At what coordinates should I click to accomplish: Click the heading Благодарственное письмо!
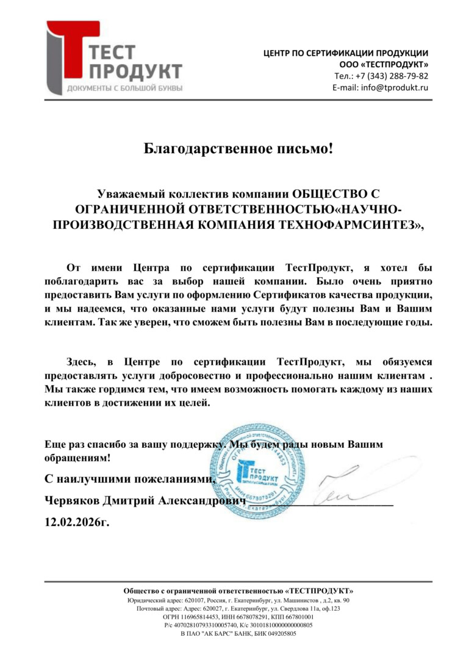(238, 148)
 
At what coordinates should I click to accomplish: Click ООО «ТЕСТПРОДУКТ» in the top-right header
(384, 65)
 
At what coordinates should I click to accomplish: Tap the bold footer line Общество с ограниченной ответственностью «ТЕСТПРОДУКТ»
(238, 591)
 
